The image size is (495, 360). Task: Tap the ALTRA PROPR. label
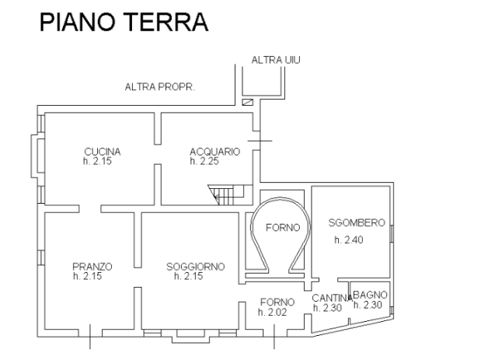(x=159, y=88)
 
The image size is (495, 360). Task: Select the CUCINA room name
(x=103, y=152)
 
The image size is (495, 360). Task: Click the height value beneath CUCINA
(x=97, y=161)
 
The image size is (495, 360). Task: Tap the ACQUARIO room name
(x=215, y=152)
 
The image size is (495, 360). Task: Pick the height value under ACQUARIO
(x=205, y=161)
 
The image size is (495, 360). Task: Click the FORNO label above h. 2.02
(x=277, y=302)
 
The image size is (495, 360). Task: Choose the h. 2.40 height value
(x=349, y=240)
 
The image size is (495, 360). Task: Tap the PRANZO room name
(x=92, y=267)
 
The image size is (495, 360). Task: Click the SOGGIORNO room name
(x=195, y=267)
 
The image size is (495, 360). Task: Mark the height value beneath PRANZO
(x=88, y=275)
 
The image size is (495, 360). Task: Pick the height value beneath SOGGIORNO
(x=190, y=275)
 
